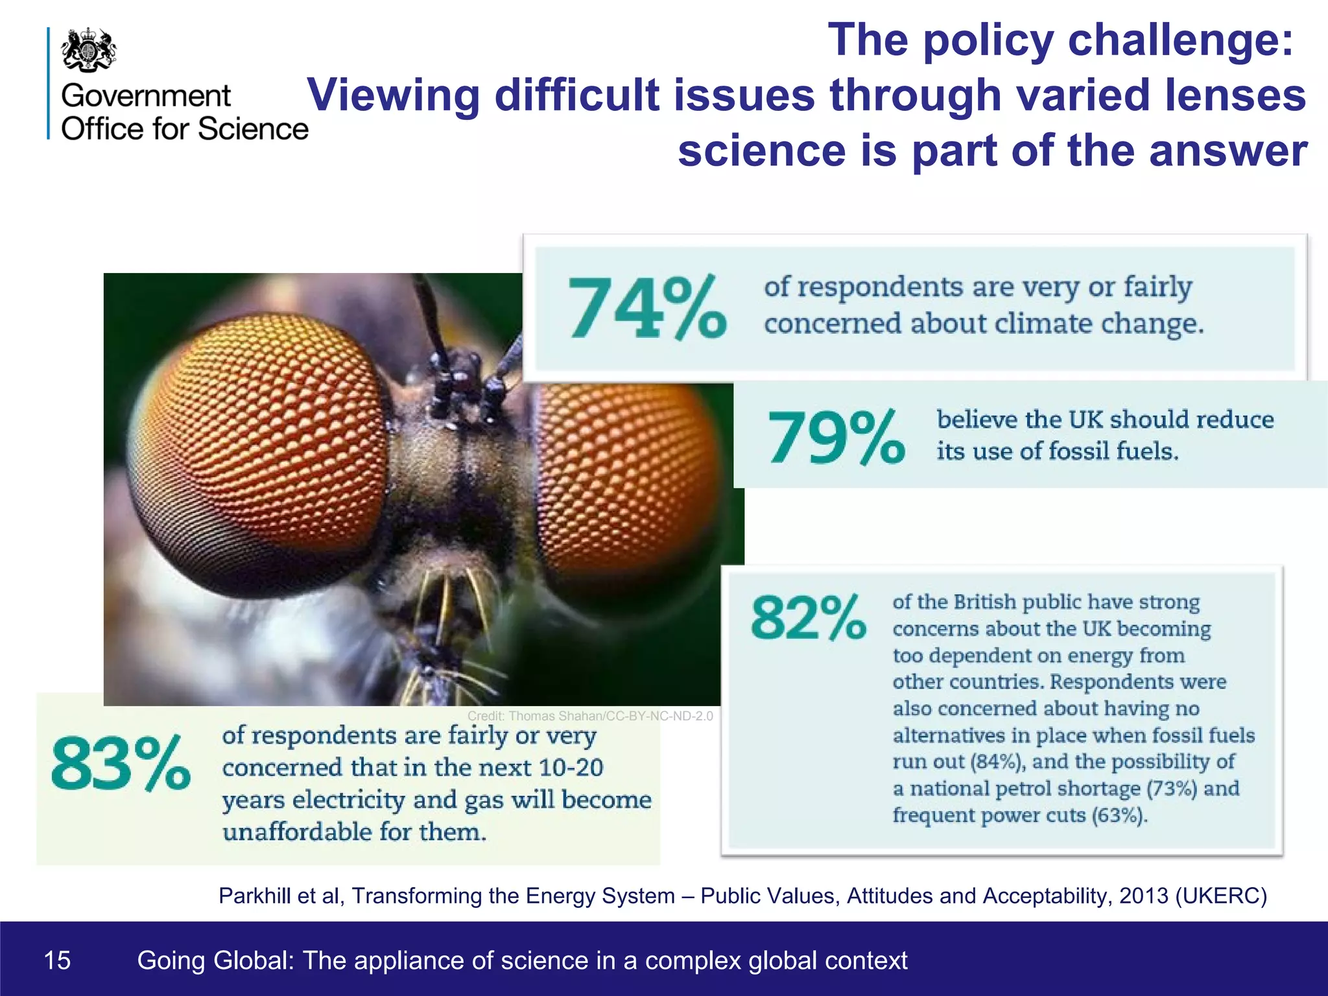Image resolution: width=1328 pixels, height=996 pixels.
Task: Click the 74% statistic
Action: point(646,307)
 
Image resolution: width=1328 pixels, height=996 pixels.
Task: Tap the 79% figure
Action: point(836,438)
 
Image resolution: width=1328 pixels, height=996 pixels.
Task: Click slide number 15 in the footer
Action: point(57,960)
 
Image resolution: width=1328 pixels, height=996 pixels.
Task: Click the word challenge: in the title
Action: point(1180,40)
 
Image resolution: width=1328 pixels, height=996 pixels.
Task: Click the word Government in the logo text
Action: point(146,96)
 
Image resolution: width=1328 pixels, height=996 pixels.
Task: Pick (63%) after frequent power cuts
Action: point(1119,815)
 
